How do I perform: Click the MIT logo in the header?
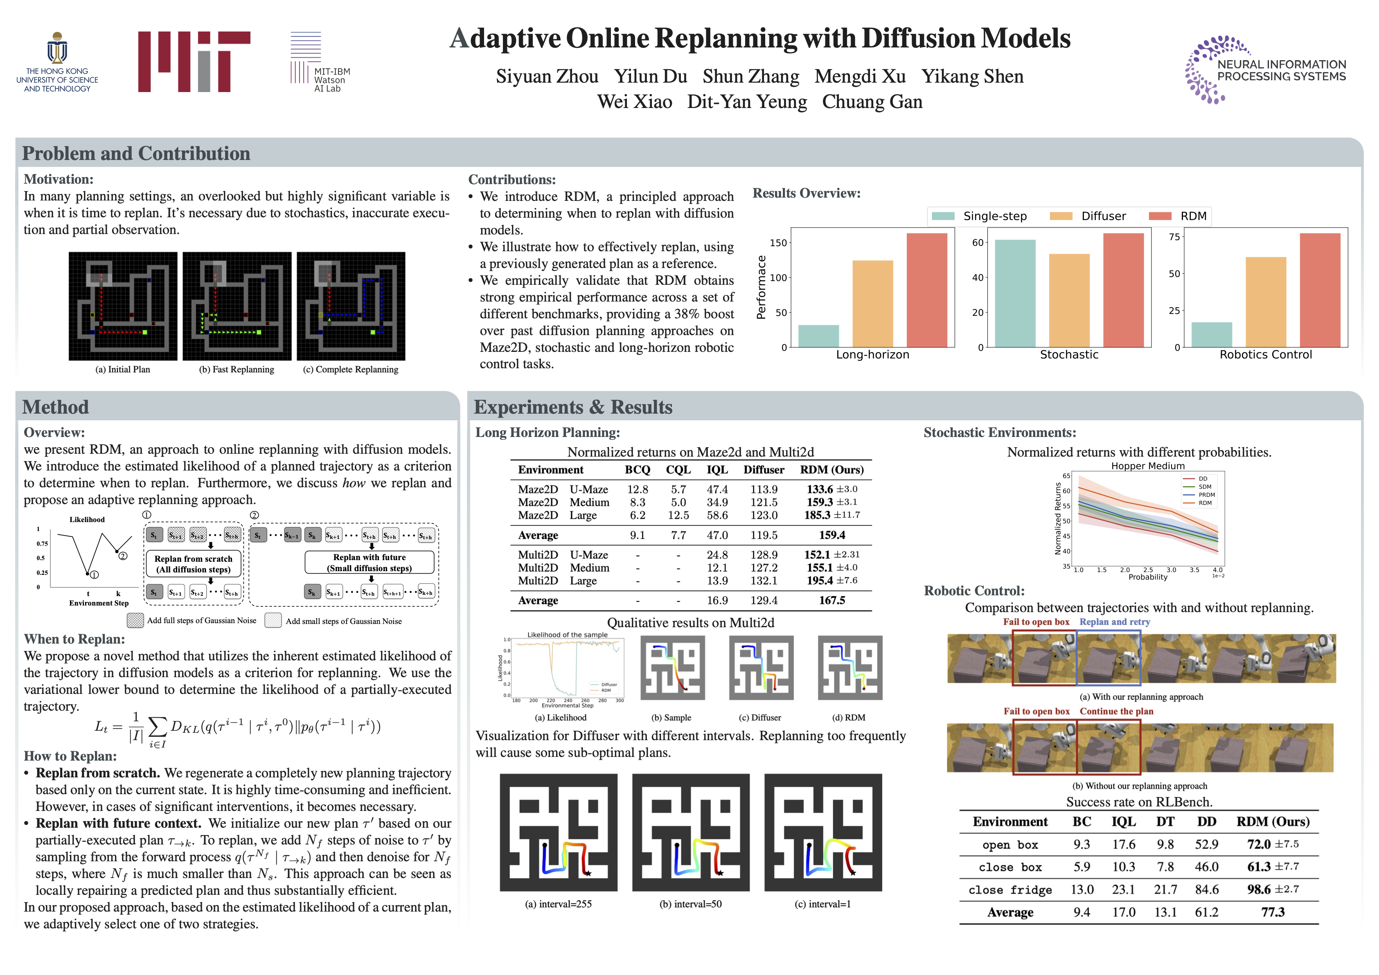(x=194, y=61)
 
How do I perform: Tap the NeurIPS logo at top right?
(x=1265, y=70)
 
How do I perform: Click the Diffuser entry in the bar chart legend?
(x=1103, y=216)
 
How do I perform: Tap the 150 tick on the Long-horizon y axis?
(x=778, y=243)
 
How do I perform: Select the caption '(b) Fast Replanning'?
(x=236, y=369)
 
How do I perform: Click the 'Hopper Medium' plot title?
(x=1147, y=466)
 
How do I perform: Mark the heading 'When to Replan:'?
(x=74, y=639)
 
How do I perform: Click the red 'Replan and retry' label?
(x=1114, y=622)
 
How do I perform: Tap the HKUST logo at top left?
(x=57, y=62)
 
